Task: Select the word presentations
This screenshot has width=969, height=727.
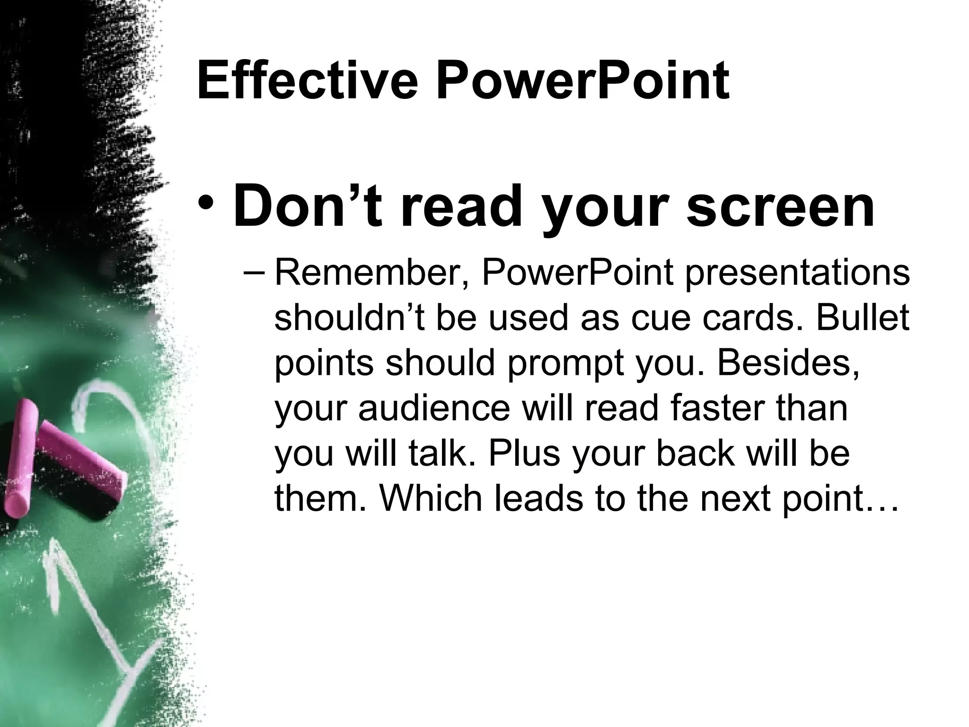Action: coord(797,275)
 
